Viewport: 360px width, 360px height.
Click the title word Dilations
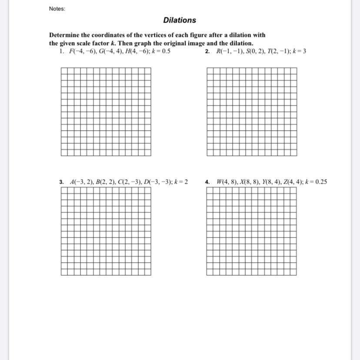[180, 20]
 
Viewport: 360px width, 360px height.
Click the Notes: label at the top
[57, 9]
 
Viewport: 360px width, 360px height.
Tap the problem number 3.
[62, 182]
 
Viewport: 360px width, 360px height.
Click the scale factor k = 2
[181, 182]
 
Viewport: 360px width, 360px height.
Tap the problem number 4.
[207, 182]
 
